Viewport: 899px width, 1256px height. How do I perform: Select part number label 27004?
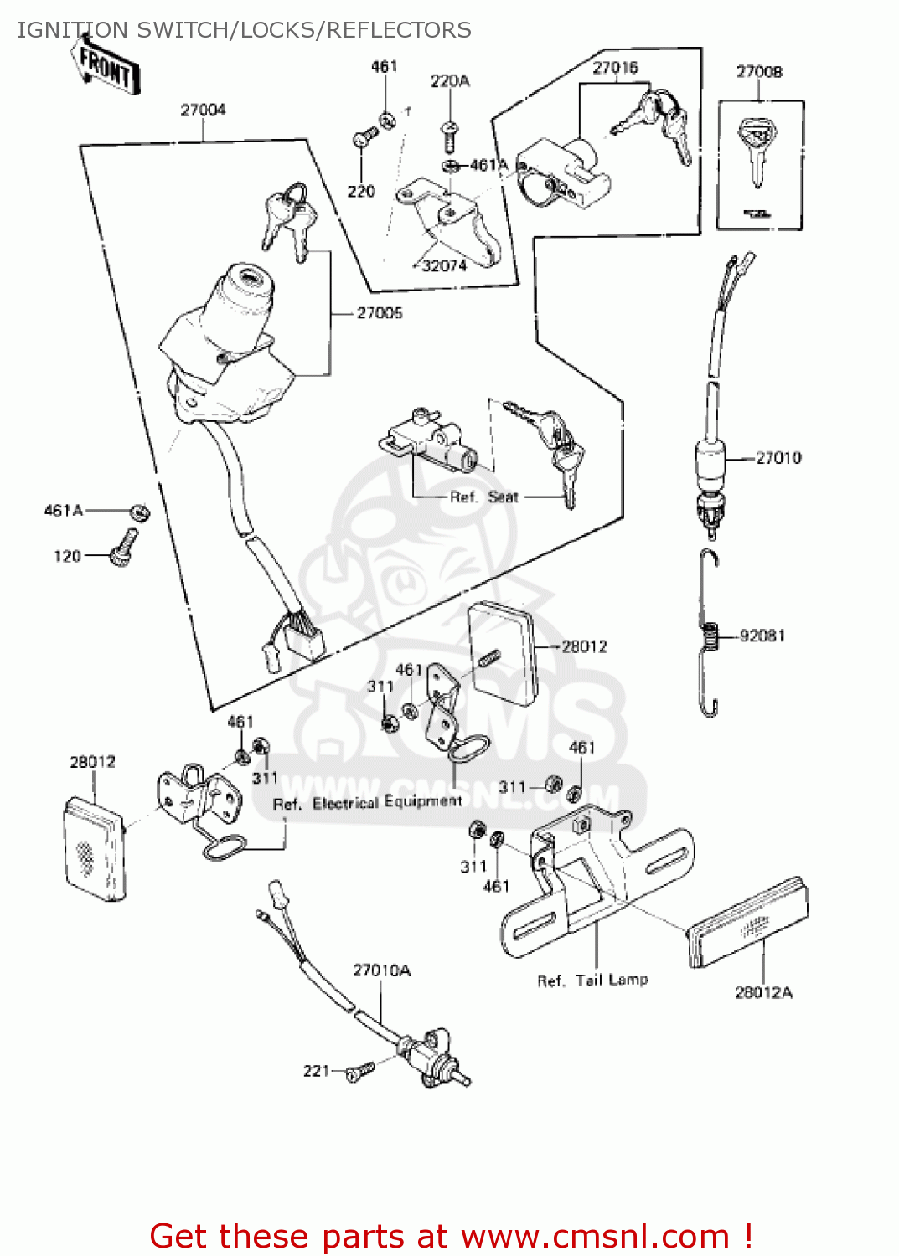click(203, 110)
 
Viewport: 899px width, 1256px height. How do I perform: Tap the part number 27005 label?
click(380, 313)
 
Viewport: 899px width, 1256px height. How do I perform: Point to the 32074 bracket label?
click(444, 266)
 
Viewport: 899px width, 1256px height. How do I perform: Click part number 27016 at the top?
click(615, 68)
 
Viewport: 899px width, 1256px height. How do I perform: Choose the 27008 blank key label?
click(759, 72)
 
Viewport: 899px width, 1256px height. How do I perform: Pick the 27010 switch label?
click(778, 458)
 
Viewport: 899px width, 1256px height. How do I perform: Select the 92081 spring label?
click(762, 636)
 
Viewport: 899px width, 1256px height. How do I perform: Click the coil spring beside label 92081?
click(710, 636)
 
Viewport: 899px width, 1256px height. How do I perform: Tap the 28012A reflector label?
click(763, 993)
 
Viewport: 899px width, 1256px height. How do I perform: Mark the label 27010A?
click(381, 970)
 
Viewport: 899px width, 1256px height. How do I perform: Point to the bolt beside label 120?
click(124, 548)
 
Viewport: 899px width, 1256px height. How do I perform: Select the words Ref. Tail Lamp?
click(592, 980)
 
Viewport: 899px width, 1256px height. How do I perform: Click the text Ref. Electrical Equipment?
click(367, 803)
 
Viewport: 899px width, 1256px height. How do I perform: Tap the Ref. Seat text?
click(484, 497)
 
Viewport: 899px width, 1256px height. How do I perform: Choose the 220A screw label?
click(450, 81)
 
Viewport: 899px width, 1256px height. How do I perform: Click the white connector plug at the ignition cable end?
click(305, 637)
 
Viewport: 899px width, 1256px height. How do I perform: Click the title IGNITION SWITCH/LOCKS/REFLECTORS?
click(244, 30)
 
